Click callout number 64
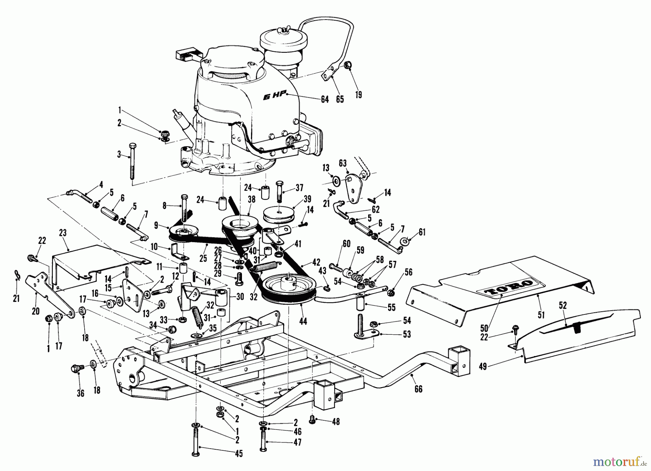(x=324, y=99)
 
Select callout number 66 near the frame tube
(x=418, y=389)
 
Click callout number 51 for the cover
(x=541, y=315)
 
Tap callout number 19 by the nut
(x=358, y=95)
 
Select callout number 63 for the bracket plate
(x=342, y=164)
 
